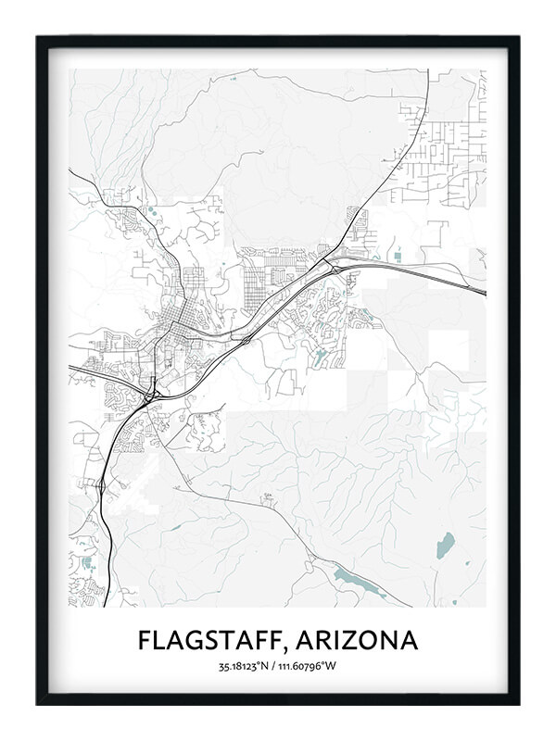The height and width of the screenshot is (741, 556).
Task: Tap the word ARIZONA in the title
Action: [x=363, y=640]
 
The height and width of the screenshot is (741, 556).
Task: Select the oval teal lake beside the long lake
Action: [x=446, y=544]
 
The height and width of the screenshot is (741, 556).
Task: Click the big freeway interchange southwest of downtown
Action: [x=150, y=396]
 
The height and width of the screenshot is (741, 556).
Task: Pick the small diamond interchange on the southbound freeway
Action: [x=99, y=484]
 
